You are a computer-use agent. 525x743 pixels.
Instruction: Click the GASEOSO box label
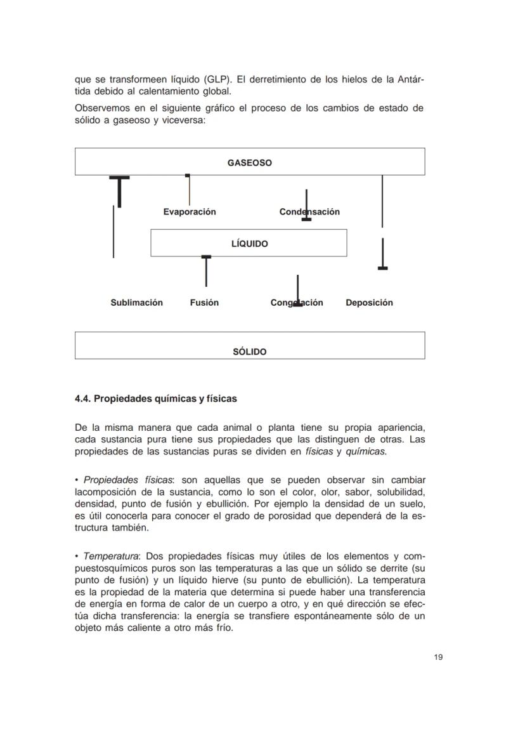pos(249,163)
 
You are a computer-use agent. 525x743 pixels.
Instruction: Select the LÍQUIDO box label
pos(249,244)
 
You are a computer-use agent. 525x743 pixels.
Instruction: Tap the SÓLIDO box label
pos(249,352)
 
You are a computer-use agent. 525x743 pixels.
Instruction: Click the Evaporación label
pos(189,212)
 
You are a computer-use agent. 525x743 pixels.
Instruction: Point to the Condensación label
pos(309,212)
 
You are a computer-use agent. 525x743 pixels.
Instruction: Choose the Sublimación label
pos(136,303)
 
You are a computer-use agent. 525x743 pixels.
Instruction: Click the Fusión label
pos(204,303)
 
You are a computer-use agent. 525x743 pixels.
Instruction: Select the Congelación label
pos(297,303)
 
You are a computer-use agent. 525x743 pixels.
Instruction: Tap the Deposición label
pos(369,303)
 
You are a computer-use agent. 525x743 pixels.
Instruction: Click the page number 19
pos(438,657)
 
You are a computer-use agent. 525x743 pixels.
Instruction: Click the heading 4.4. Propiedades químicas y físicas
pos(155,399)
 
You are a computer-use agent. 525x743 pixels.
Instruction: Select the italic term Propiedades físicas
pos(119,480)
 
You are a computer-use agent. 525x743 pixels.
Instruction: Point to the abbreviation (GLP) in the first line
pos(217,80)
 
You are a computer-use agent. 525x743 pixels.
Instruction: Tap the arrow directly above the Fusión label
pos(206,271)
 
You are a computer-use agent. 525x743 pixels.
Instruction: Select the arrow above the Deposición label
pos(382,254)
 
